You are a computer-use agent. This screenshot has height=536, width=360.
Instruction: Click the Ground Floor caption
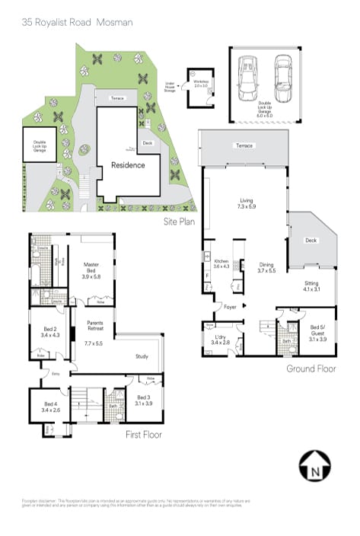(311, 368)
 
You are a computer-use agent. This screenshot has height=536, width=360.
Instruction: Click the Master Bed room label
(91, 267)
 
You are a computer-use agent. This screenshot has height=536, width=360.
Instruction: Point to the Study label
(142, 356)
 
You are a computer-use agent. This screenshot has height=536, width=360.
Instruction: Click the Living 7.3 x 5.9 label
(247, 203)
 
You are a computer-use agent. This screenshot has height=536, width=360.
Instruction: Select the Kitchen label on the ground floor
(221, 263)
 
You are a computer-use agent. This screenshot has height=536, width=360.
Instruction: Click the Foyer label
(230, 308)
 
